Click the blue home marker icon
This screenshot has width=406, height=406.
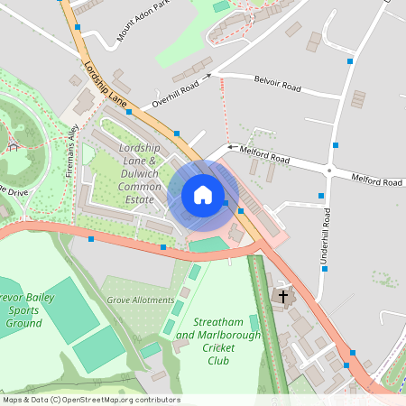pos(202,194)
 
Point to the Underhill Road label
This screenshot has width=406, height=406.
pos(327,236)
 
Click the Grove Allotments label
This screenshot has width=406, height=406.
pos(140,300)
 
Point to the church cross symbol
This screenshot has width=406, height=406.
pos(283,296)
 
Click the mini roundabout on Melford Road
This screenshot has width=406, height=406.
pos(330,171)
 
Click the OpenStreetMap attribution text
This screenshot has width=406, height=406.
pos(90,400)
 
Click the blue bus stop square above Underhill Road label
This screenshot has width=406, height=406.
pos(322,196)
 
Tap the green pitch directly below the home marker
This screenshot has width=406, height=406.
pos(209,245)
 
